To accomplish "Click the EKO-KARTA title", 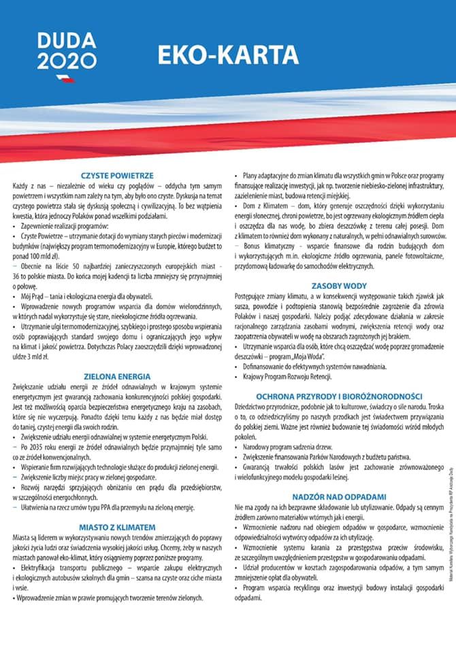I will (227, 54).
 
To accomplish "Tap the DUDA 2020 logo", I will (66, 52).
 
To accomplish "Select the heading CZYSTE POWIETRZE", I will (116, 175).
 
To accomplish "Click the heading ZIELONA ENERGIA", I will (116, 375).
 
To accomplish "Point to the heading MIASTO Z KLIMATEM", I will (116, 527).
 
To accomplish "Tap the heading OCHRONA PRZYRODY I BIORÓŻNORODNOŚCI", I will (339, 396).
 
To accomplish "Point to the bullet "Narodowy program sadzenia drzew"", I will (290, 446).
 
